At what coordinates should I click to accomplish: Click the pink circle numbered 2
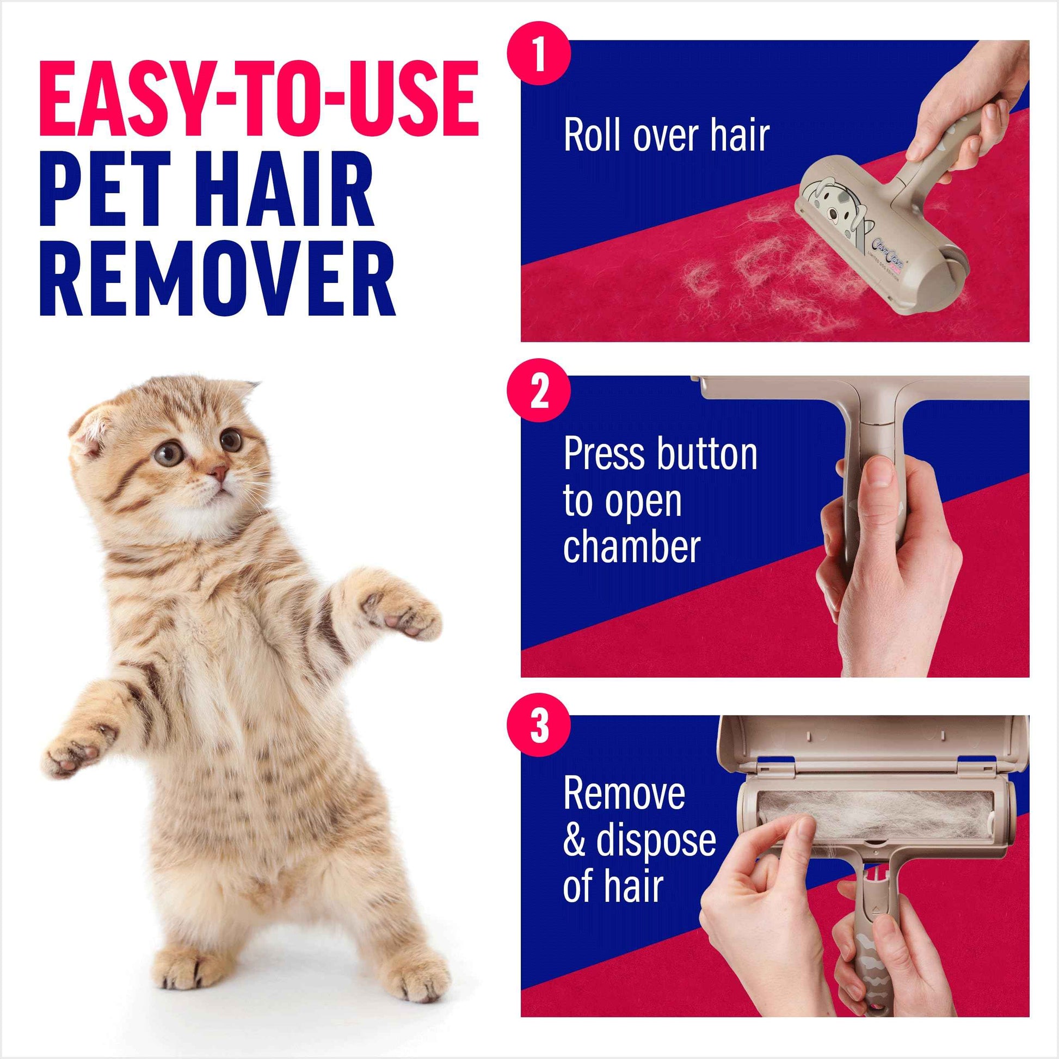(x=539, y=390)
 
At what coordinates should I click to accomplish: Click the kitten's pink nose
(x=219, y=471)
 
